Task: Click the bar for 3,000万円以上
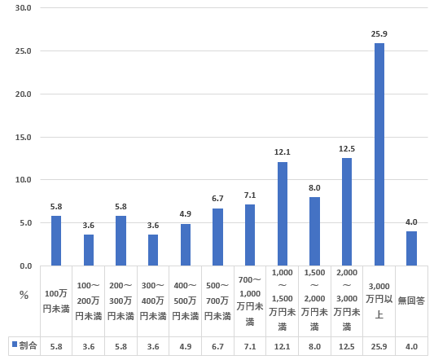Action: click(x=379, y=155)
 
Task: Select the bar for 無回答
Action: click(x=411, y=248)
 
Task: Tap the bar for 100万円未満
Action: click(x=56, y=241)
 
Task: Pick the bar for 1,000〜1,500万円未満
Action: click(x=283, y=214)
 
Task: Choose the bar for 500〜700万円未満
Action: click(x=217, y=237)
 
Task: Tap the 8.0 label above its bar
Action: click(x=314, y=189)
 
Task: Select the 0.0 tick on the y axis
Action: click(x=25, y=266)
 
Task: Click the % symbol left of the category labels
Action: click(x=24, y=295)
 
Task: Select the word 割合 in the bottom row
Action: click(x=27, y=346)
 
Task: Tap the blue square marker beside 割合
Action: click(x=13, y=346)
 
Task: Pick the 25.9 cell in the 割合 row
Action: click(x=379, y=346)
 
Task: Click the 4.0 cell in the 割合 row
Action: click(x=411, y=346)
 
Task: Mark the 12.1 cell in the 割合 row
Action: click(x=283, y=346)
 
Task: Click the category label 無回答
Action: click(x=411, y=301)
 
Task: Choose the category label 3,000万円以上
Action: click(x=379, y=301)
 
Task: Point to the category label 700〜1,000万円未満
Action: click(x=250, y=301)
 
